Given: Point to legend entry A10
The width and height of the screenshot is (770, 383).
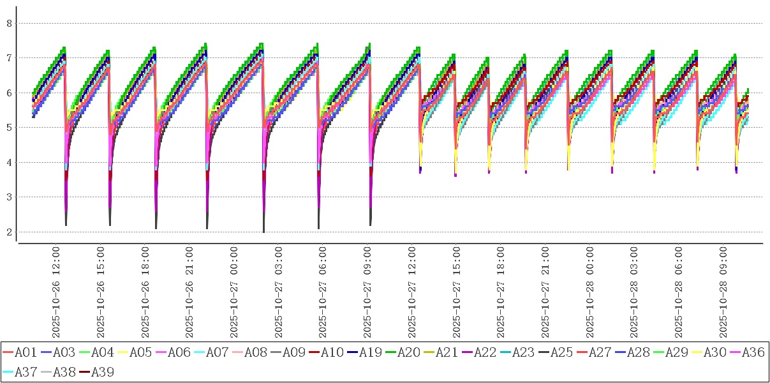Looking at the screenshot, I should click(330, 352).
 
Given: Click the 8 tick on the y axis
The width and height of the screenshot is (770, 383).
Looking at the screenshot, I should click(10, 23).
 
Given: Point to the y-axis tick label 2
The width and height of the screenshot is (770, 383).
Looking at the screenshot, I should click(10, 232).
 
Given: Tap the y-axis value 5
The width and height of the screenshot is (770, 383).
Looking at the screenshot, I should click(10, 128).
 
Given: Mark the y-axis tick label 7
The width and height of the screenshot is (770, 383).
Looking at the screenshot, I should click(10, 58).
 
